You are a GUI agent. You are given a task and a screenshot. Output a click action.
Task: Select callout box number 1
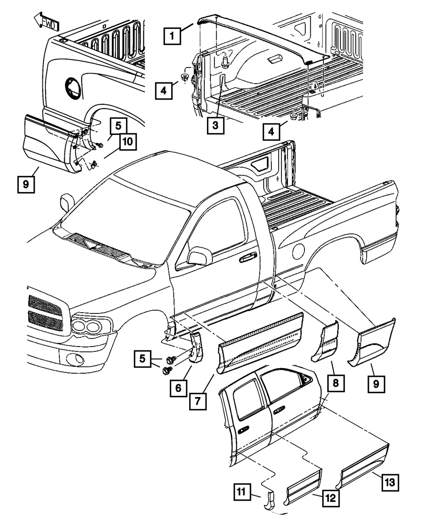(x=172, y=36)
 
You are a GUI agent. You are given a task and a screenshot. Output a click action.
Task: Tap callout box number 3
(x=215, y=126)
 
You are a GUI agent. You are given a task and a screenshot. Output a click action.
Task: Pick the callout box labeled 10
(x=128, y=142)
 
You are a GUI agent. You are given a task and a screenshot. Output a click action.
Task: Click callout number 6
(x=178, y=388)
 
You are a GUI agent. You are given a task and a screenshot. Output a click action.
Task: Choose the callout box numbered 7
(x=198, y=401)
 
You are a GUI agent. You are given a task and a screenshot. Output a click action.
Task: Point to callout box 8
(x=336, y=383)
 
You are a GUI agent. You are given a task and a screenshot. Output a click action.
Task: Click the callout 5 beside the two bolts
(x=142, y=359)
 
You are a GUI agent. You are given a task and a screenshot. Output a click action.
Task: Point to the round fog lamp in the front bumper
(x=78, y=358)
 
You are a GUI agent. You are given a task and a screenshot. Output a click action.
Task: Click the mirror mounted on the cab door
(x=200, y=257)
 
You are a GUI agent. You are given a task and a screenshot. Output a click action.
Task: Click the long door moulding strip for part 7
(x=259, y=343)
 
